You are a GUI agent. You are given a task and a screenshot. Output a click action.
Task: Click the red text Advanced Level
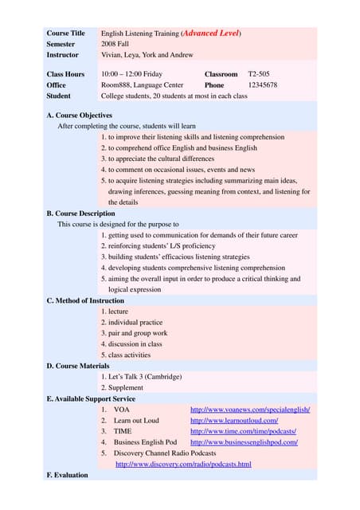click(x=211, y=33)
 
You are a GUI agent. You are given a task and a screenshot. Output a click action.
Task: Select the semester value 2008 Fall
click(x=118, y=45)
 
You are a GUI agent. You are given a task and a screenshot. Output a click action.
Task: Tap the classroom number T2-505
click(x=260, y=74)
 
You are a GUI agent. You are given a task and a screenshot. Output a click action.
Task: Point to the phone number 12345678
click(x=263, y=84)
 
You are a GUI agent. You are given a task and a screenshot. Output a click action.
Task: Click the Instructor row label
click(x=63, y=55)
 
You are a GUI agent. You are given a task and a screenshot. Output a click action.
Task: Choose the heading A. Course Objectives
click(x=80, y=116)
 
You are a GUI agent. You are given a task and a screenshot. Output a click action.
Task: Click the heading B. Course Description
click(x=80, y=214)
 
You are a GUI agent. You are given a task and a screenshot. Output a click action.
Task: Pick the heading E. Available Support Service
click(x=91, y=398)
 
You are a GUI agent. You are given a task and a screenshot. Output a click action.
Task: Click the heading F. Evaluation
click(x=68, y=475)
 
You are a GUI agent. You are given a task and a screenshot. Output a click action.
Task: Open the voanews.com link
click(x=250, y=410)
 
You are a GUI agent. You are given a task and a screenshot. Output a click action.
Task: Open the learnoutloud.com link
click(x=234, y=420)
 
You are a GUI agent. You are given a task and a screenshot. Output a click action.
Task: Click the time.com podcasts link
click(x=243, y=431)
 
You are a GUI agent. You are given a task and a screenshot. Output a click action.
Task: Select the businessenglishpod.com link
click(x=244, y=442)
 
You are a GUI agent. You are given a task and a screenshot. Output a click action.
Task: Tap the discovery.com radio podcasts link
click(x=183, y=464)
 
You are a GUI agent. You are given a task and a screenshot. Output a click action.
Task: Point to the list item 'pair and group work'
click(x=134, y=333)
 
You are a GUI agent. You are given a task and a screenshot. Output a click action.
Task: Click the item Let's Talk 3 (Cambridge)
click(x=142, y=377)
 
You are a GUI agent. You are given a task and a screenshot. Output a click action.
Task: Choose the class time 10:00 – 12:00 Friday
click(x=131, y=74)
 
